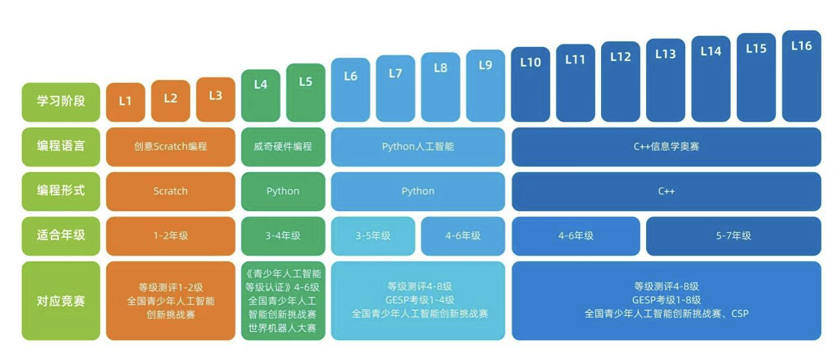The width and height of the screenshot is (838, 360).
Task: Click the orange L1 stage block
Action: [125, 102]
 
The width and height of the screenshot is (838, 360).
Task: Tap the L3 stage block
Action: [215, 99]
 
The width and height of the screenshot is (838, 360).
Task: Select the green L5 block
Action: [305, 93]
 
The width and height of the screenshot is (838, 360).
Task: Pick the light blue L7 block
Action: [395, 88]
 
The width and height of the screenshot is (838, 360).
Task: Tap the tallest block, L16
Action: [801, 75]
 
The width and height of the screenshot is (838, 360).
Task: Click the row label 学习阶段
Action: [61, 102]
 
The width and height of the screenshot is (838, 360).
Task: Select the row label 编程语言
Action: [61, 146]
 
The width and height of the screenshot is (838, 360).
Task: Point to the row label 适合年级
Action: [61, 235]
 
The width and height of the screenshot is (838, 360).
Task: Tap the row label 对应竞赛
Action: [61, 301]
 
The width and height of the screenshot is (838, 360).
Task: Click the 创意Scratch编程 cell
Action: [170, 146]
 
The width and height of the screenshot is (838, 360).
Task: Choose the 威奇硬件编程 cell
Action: [283, 146]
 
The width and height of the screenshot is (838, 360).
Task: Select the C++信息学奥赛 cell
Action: [666, 146]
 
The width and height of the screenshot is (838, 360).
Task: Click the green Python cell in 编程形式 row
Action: [283, 191]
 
